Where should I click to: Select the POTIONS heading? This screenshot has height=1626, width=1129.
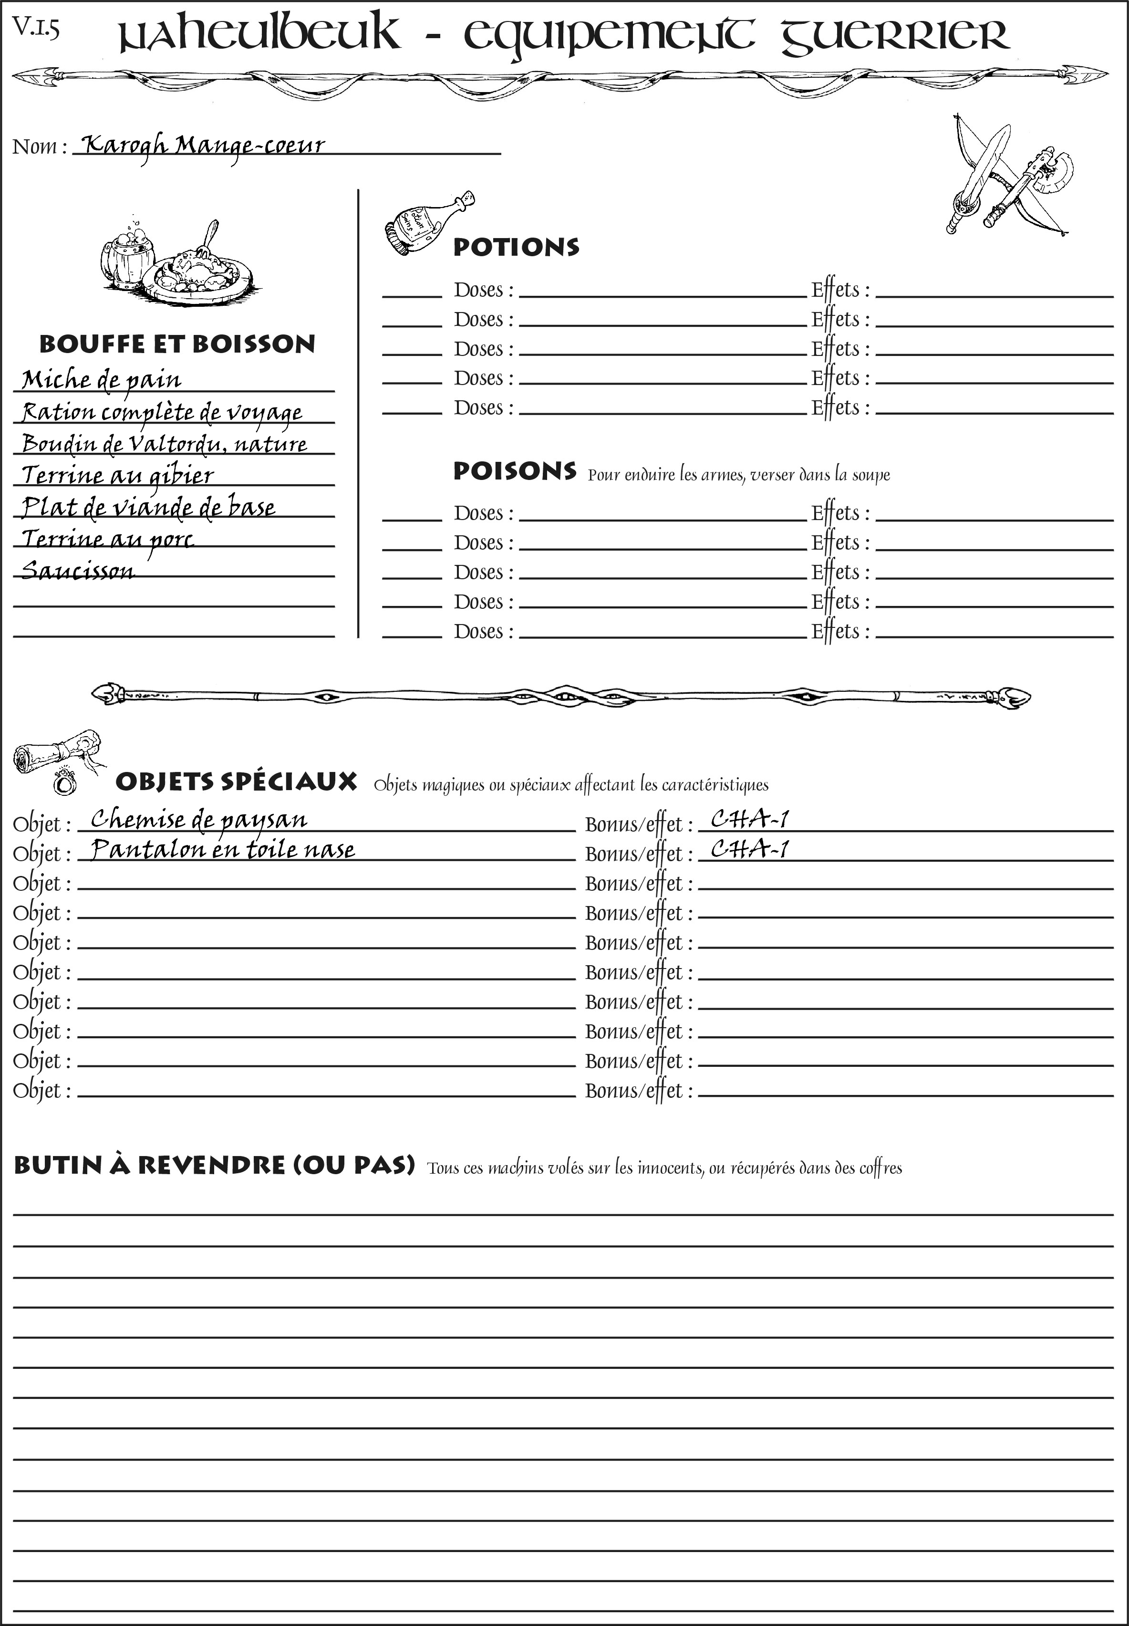[516, 247]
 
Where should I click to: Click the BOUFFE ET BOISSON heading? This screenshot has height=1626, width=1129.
[177, 344]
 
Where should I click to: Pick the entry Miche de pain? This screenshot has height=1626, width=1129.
[101, 380]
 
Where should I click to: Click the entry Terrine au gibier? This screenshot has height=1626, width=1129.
[117, 475]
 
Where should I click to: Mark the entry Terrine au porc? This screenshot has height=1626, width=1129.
[107, 539]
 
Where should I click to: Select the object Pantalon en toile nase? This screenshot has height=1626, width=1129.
[223, 849]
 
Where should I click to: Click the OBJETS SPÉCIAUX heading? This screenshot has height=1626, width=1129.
[236, 782]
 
